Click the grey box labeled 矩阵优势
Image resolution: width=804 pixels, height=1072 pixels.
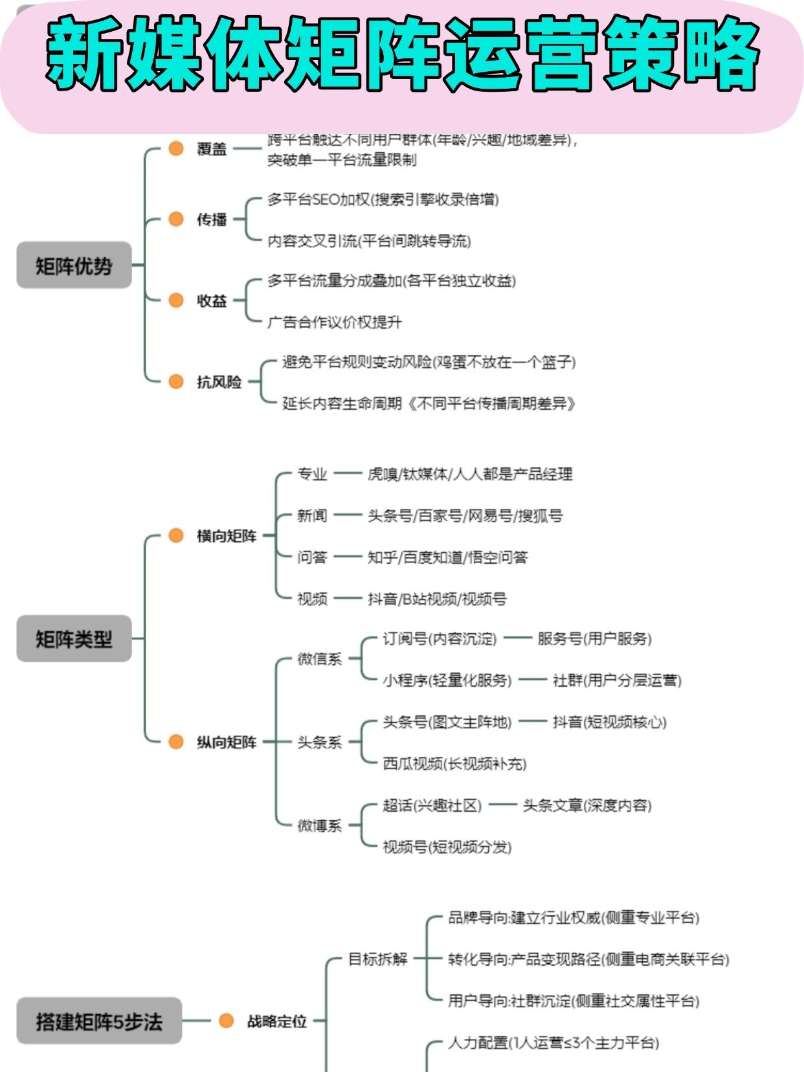(74, 265)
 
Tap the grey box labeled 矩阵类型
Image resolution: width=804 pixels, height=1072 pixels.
(74, 639)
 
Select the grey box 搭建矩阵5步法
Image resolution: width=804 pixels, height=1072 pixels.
(98, 1021)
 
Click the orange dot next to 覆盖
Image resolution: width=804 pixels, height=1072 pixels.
(176, 148)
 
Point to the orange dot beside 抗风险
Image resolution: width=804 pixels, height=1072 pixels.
(176, 381)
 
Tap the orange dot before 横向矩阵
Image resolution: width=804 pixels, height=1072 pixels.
(176, 535)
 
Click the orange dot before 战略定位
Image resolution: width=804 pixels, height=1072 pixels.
(226, 1021)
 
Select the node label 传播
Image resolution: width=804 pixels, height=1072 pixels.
(212, 219)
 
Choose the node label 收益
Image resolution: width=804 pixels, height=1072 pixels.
(212, 300)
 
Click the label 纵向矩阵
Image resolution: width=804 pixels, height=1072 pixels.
(227, 742)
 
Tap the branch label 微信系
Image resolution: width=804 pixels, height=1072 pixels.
(319, 659)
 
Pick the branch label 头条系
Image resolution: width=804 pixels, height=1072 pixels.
(319, 742)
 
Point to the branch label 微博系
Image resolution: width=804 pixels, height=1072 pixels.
(319, 825)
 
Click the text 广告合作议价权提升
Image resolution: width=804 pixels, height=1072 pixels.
(335, 322)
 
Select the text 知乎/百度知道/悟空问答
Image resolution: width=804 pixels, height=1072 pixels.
(447, 557)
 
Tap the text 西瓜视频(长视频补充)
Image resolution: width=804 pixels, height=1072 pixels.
(454, 764)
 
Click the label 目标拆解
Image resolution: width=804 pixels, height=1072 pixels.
(378, 959)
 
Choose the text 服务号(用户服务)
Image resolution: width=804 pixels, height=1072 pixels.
(594, 639)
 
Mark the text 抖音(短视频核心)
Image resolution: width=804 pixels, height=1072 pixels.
(609, 722)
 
